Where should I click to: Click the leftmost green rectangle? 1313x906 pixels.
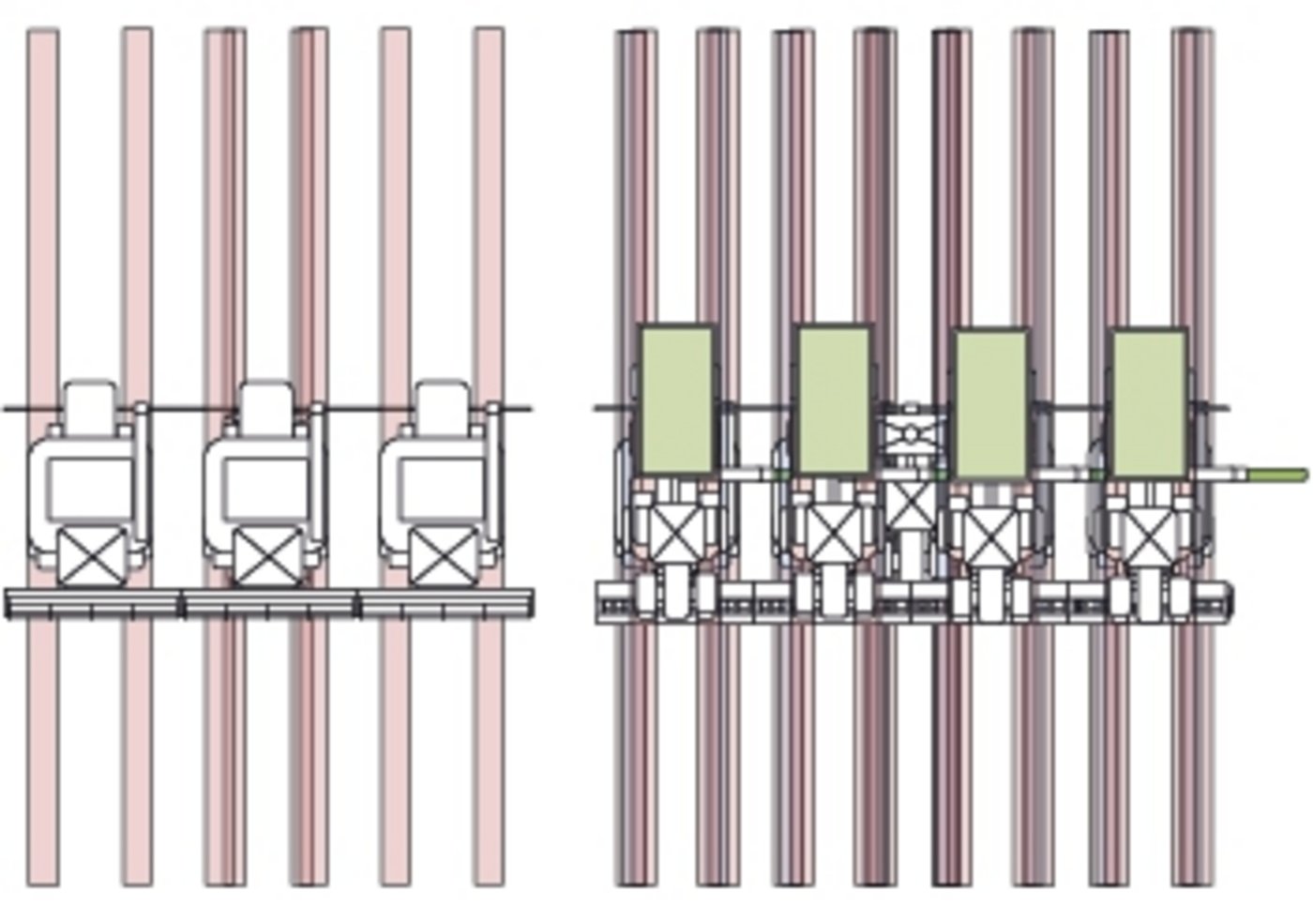[x=676, y=400]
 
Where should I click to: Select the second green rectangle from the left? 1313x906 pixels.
[x=834, y=400]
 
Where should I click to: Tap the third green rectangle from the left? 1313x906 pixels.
[x=991, y=403]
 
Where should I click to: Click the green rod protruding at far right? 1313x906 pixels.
[x=1271, y=476]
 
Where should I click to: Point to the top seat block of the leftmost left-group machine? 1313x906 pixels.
[x=90, y=403]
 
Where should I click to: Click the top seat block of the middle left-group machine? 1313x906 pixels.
[x=266, y=403]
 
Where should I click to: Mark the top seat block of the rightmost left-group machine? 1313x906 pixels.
[x=442, y=403]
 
